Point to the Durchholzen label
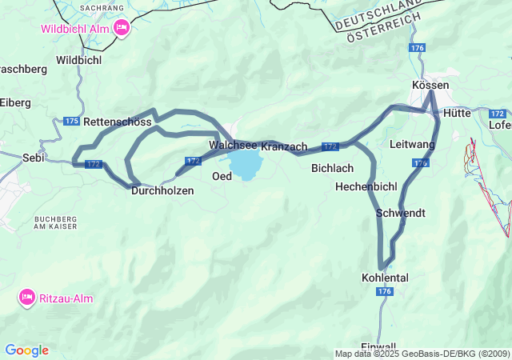pyautogui.click(x=162, y=190)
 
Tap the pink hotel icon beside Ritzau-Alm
pyautogui.click(x=26, y=298)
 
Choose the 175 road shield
pyautogui.click(x=70, y=121)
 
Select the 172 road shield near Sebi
pyautogui.click(x=93, y=164)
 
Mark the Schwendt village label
pyautogui.click(x=400, y=213)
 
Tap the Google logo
pyautogui.click(x=26, y=350)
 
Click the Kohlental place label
pyautogui.click(x=385, y=278)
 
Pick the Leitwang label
pyautogui.click(x=412, y=144)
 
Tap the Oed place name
pyautogui.click(x=222, y=176)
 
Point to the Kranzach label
pyautogui.click(x=284, y=147)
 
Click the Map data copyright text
pyautogui.click(x=422, y=354)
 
